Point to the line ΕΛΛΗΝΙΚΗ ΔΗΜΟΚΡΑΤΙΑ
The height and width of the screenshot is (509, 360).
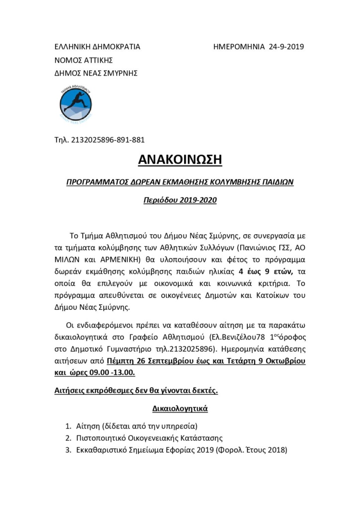pyautogui.click(x=97, y=47)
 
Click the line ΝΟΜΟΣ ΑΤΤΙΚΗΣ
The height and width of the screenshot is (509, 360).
pyautogui.click(x=84, y=60)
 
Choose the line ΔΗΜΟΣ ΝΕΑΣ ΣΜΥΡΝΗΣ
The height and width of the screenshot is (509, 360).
pyautogui.click(x=95, y=73)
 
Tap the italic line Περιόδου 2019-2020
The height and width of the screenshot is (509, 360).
pyautogui.click(x=180, y=202)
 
